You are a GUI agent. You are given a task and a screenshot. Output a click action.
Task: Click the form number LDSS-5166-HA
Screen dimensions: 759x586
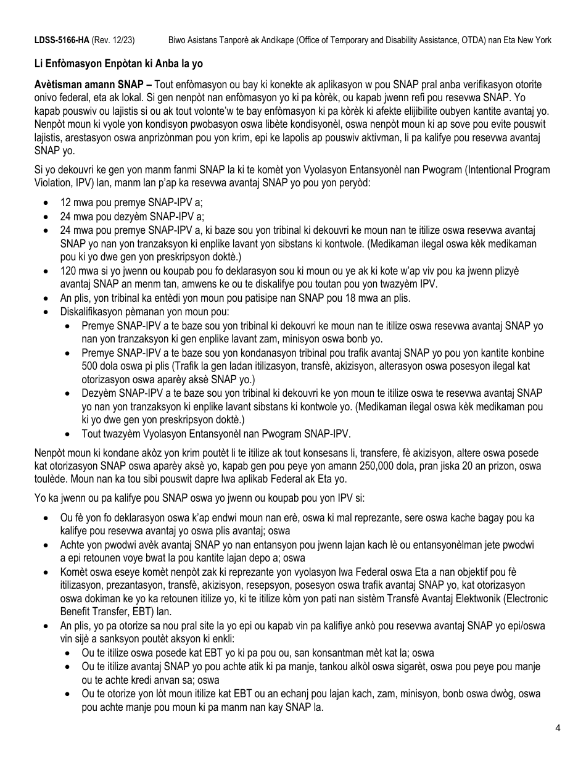pyautogui.click(x=61, y=39)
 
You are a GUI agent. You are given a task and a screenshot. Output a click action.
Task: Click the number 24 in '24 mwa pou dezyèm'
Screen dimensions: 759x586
pyautogui.click(x=66, y=216)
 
